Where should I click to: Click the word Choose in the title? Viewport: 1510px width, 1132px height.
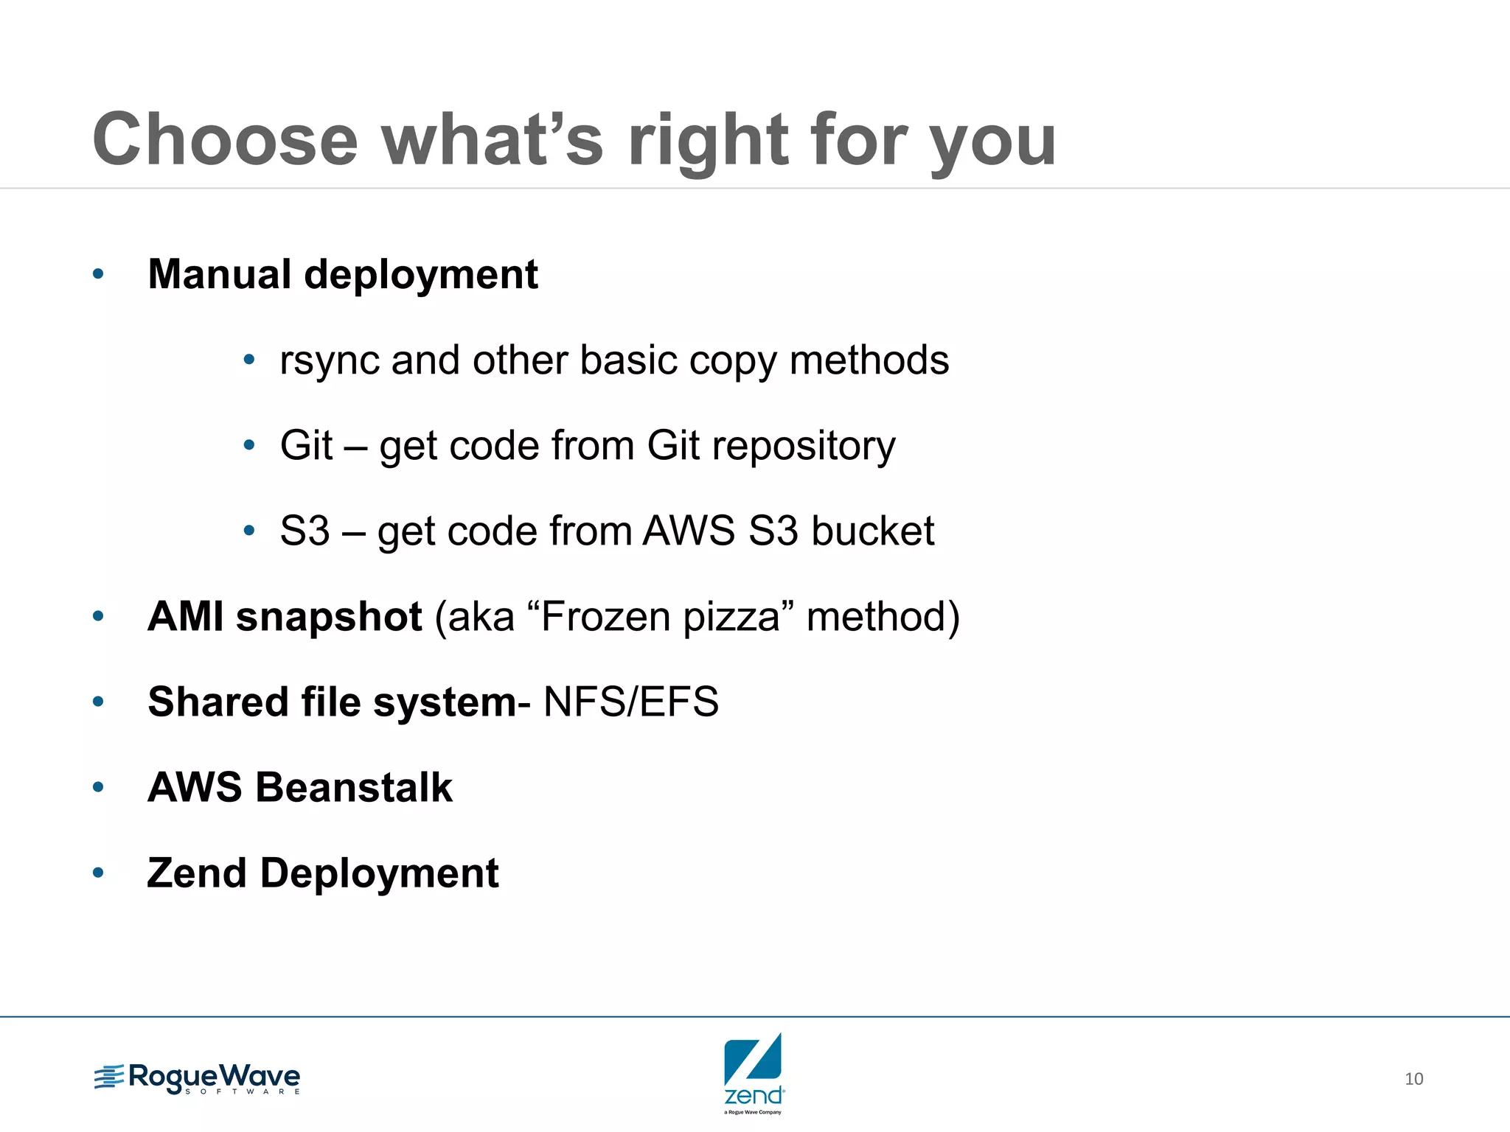point(225,140)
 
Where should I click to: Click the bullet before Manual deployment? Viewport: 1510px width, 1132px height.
point(98,275)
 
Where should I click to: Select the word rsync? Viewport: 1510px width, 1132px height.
point(329,361)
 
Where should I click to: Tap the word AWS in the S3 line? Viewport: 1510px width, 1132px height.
point(689,531)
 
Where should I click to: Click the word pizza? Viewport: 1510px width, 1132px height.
point(731,618)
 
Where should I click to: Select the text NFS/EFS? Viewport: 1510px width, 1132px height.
point(630,702)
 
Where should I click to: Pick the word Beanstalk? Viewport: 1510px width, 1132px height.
point(354,787)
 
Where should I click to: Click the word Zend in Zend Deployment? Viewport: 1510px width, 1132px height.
point(196,873)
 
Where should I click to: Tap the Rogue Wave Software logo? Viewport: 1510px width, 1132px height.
point(197,1079)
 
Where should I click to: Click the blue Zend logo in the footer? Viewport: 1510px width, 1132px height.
point(753,1072)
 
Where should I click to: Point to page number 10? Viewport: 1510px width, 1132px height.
point(1413,1079)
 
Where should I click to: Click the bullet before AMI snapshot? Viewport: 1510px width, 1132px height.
point(98,617)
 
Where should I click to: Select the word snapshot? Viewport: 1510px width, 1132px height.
point(329,617)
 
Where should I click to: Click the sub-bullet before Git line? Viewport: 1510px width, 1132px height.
point(249,445)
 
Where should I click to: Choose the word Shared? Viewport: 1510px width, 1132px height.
point(218,702)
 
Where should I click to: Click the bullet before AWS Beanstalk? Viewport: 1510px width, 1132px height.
point(98,788)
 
